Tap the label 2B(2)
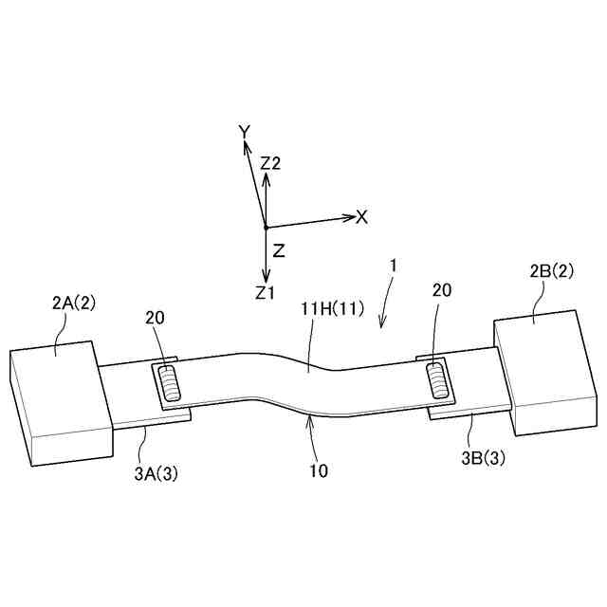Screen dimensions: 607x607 [x=551, y=272]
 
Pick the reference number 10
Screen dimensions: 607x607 [x=319, y=469]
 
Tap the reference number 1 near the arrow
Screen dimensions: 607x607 [x=392, y=268]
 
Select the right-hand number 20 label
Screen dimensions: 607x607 [x=442, y=291]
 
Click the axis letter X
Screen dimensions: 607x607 [x=361, y=217]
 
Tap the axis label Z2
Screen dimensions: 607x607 [x=270, y=163]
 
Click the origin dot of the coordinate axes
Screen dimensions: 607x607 [x=266, y=228]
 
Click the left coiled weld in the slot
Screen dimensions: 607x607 [x=170, y=383]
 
